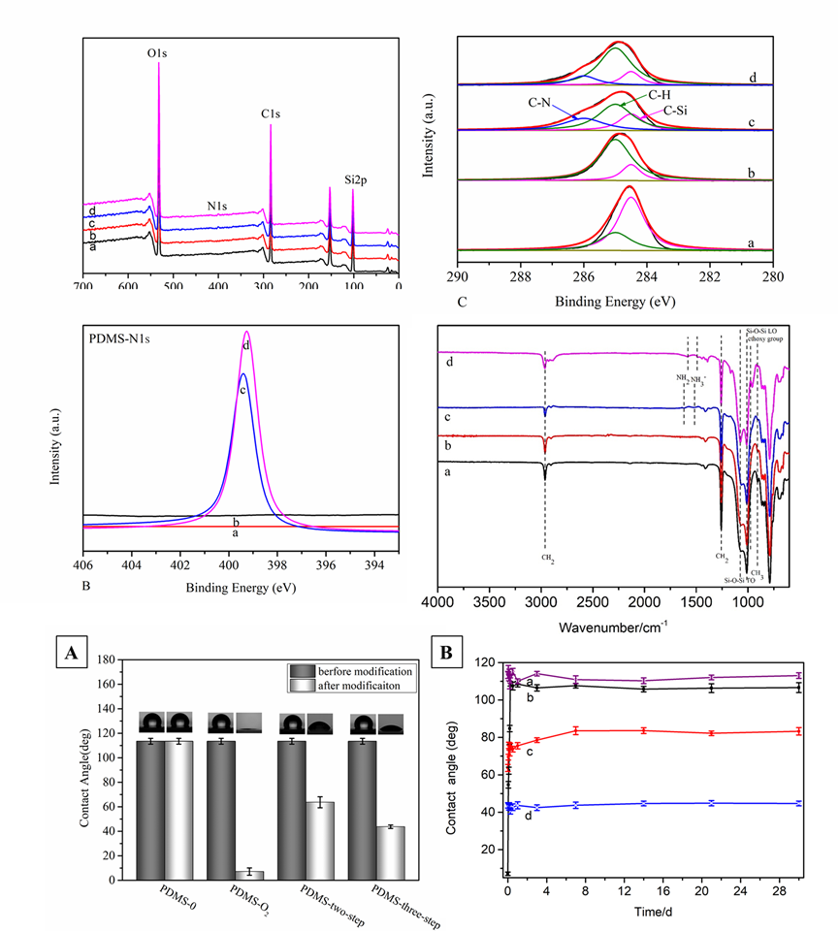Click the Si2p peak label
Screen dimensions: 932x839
click(357, 179)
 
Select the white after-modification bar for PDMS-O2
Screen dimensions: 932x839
click(249, 874)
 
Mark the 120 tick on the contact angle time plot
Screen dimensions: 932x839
click(485, 662)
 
